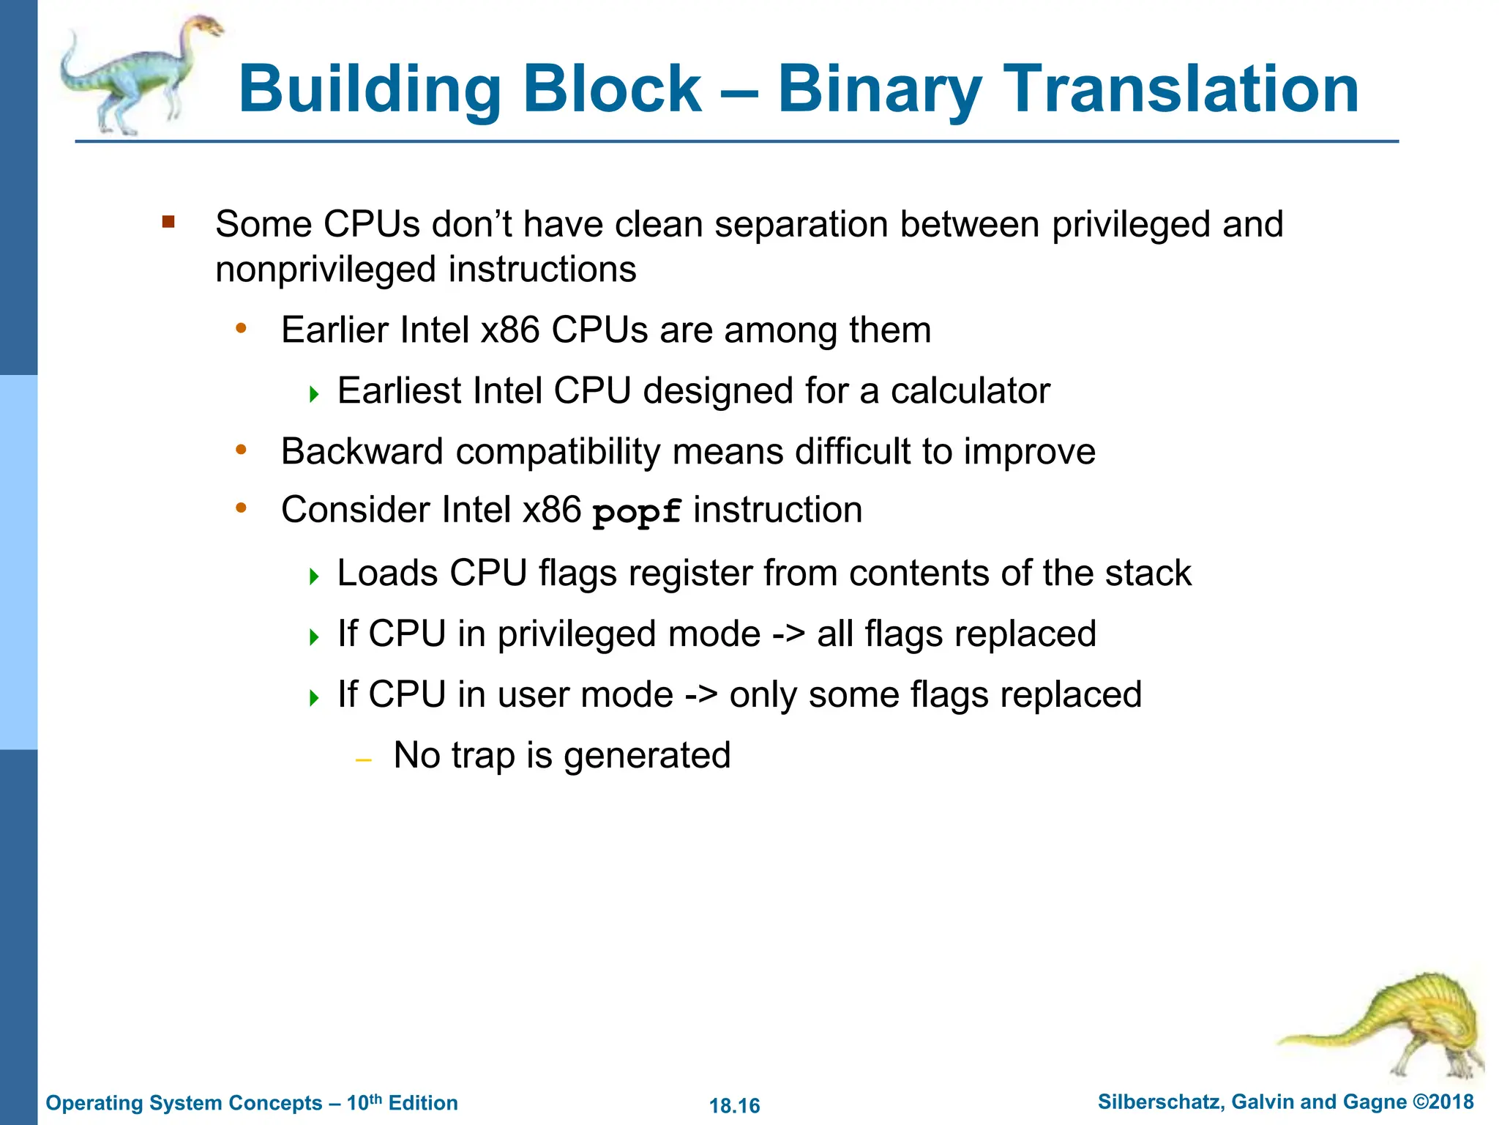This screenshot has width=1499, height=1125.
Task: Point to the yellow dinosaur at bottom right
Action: [x=1398, y=1025]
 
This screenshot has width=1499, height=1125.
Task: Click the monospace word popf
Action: [x=637, y=512]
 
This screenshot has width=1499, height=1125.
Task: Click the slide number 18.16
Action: [x=735, y=1105]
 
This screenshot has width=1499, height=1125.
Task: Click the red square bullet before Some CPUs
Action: [x=168, y=221]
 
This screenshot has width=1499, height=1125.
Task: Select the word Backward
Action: [x=362, y=452]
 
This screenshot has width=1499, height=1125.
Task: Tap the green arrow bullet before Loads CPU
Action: [x=315, y=576]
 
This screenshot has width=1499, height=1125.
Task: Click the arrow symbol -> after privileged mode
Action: [x=788, y=634]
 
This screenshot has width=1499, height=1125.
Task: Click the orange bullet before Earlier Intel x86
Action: [x=241, y=329]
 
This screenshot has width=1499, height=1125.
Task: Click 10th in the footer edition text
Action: [x=364, y=1102]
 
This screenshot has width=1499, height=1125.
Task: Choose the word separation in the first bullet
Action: [x=801, y=225]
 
